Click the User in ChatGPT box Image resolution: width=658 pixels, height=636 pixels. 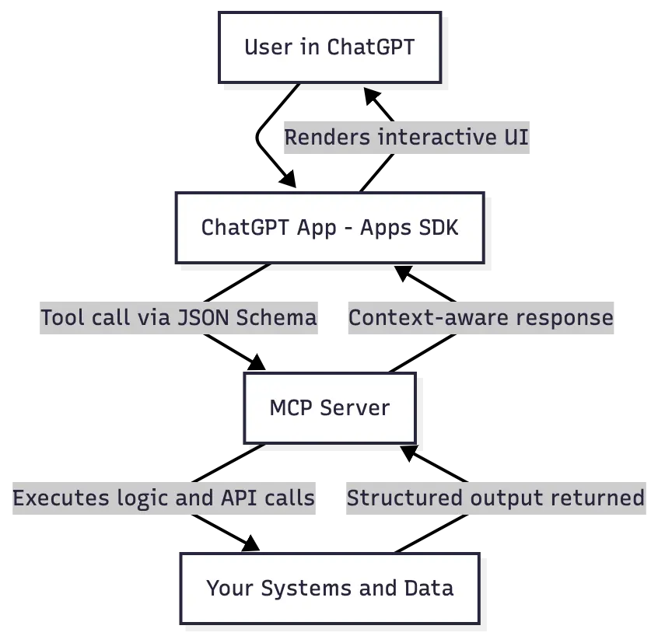(x=330, y=47)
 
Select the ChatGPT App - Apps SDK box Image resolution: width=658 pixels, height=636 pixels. (x=330, y=227)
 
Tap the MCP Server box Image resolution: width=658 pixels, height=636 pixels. (x=330, y=407)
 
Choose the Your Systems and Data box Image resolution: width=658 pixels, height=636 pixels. (x=330, y=588)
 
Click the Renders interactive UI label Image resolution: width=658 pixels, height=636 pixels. (x=407, y=138)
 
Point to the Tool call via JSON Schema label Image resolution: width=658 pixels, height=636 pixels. (x=180, y=317)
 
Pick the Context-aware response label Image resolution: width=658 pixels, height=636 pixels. (x=479, y=317)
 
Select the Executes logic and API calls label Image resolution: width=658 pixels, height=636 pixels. (x=165, y=498)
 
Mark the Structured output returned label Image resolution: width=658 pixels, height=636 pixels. (x=495, y=498)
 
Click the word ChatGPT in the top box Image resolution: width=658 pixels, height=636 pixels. (x=370, y=47)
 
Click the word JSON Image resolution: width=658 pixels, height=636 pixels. (x=205, y=317)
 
